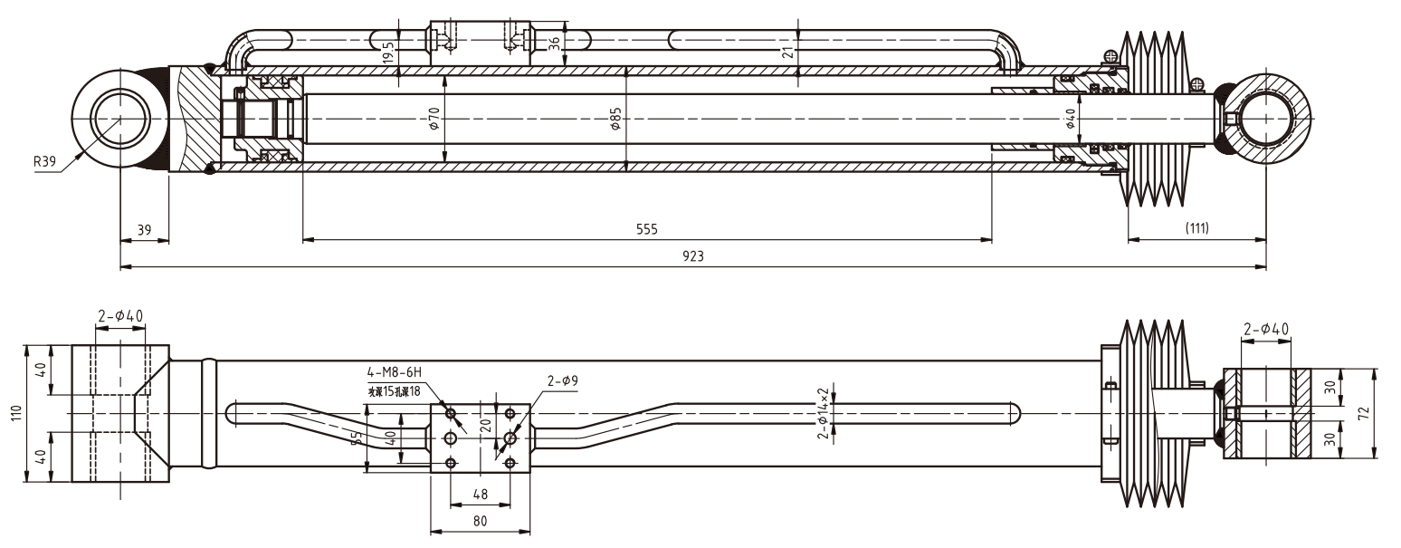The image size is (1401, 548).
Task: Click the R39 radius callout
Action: pos(44,162)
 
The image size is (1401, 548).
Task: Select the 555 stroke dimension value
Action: pos(646,229)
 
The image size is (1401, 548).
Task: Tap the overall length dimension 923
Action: pos(693,256)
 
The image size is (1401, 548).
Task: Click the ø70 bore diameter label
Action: pos(434,119)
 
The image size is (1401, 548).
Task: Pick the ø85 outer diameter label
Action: pos(615,119)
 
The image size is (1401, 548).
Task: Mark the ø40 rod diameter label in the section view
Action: pos(1071,119)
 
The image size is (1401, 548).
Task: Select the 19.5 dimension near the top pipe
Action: pos(387,50)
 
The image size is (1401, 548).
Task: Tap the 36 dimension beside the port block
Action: pos(555,43)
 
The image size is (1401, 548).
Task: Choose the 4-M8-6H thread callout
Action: pos(395,372)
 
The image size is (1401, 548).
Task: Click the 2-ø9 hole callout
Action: pos(562,380)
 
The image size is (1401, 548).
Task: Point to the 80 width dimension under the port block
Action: pos(480,522)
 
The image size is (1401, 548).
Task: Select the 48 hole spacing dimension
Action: pos(480,495)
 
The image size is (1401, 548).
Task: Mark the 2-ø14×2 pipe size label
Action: pos(823,412)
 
